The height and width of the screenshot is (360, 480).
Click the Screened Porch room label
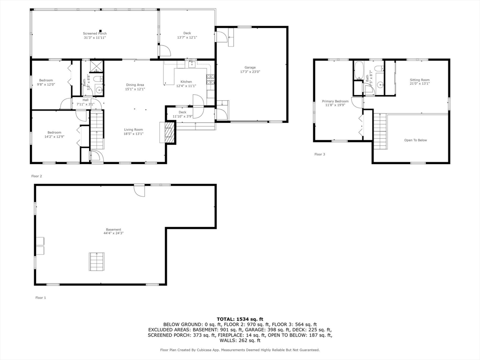[x=95, y=36]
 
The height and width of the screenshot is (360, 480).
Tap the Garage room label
[x=250, y=70]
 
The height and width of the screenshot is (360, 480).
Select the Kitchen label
[x=186, y=84]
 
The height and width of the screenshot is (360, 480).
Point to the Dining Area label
[x=135, y=87]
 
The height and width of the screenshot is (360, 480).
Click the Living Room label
[x=134, y=132]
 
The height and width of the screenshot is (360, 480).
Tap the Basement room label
[x=113, y=231]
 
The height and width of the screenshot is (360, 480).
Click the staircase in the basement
[x=97, y=261]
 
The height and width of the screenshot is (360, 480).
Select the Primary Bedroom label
[x=335, y=103]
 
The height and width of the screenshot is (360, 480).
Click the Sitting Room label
[x=419, y=82]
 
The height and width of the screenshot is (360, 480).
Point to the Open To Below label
[x=415, y=140]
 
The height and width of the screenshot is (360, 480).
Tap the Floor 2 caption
[x=37, y=176]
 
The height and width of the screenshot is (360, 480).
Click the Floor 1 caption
[x=41, y=298]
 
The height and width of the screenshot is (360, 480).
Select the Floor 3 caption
[x=319, y=154]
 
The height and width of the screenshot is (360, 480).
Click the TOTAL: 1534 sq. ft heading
[x=240, y=319]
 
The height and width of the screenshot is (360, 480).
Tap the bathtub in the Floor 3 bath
[x=360, y=70]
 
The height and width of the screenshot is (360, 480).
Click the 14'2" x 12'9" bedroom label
[x=54, y=135]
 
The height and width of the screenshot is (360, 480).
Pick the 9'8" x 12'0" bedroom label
[x=46, y=82]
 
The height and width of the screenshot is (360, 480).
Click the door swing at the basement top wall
[x=139, y=190]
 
